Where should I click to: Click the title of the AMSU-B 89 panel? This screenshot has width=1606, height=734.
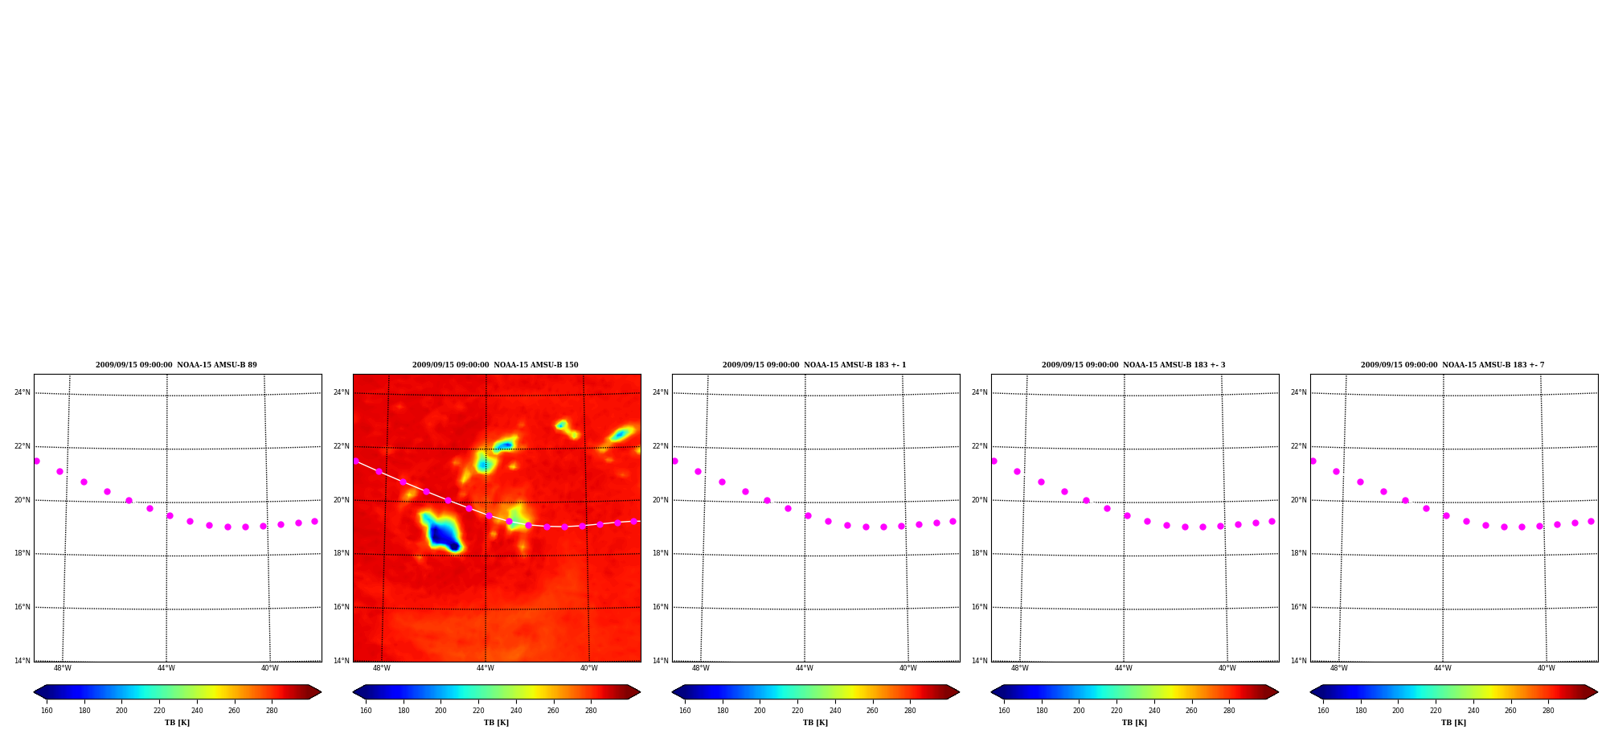[176, 365]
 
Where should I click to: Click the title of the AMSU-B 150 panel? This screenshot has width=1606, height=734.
[495, 365]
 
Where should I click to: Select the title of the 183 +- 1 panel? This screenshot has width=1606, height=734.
[814, 365]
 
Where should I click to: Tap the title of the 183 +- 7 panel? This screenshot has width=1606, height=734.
[1452, 365]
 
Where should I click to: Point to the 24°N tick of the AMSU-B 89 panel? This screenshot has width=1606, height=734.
[23, 392]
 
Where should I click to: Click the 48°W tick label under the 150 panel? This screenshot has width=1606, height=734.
[382, 668]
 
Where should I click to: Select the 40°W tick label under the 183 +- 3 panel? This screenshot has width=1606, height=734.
[1227, 668]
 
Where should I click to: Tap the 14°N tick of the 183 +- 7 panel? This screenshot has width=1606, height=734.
[1299, 661]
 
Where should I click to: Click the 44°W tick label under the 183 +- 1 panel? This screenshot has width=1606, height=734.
[805, 668]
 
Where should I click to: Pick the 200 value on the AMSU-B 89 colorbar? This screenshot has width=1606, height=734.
[121, 711]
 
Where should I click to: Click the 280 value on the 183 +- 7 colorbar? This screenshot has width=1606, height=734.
[1548, 711]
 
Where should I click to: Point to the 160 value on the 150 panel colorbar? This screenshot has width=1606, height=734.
[366, 711]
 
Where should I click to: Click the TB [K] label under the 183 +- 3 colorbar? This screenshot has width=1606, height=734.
[1135, 723]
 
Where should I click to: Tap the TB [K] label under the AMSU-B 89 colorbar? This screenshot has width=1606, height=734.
[178, 723]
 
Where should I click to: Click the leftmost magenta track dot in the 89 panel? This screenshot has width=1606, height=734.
[36, 461]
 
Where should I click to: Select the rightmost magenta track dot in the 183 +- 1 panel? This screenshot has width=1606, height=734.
[953, 521]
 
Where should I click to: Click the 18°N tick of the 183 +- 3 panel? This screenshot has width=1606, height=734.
[980, 553]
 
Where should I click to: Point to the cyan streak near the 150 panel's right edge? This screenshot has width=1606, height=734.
[621, 434]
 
